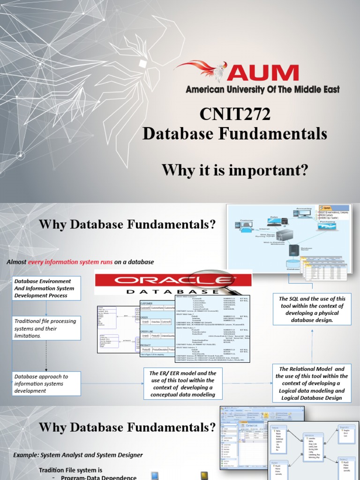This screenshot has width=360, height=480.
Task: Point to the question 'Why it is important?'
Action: pos(235,170)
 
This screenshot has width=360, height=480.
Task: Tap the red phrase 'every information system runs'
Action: pos(70,262)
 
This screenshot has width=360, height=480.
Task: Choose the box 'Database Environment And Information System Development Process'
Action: pos(46,288)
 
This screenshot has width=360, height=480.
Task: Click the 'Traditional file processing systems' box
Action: pos(46,328)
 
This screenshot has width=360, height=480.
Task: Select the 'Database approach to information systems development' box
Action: pos(46,383)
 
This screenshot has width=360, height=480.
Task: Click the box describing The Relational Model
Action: pos(313,383)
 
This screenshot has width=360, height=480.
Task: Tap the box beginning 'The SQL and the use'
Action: pos(312,309)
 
